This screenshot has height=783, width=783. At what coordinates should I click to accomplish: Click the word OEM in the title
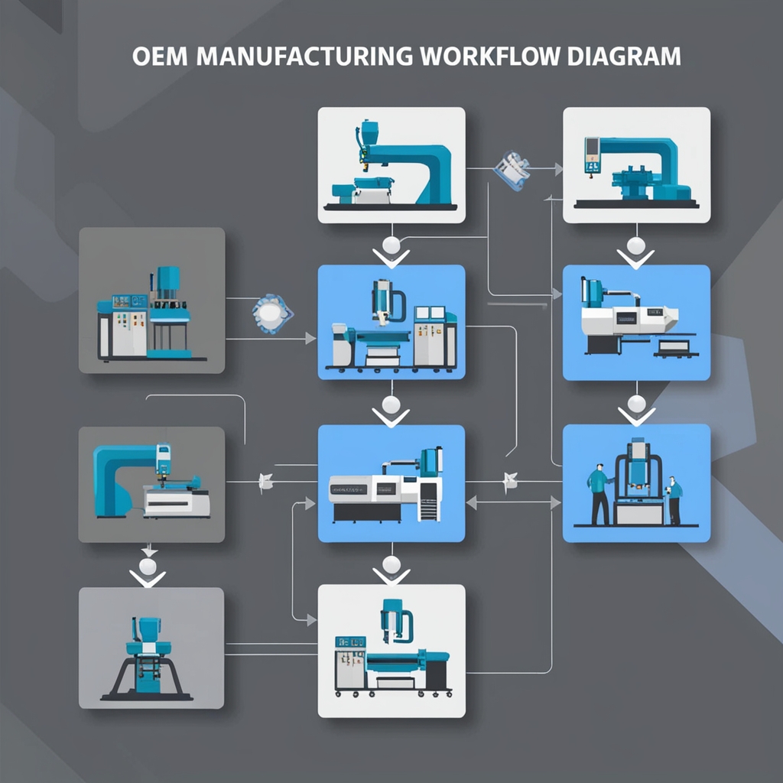(159, 57)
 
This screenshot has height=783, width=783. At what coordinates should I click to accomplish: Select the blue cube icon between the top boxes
(511, 170)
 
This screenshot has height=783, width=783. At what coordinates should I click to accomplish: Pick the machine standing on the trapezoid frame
(145, 658)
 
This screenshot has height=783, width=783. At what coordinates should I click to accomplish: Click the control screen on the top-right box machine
(592, 153)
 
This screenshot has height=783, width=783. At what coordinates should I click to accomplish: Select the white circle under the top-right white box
(635, 245)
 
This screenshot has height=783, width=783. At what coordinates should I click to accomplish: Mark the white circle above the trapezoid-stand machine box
(147, 566)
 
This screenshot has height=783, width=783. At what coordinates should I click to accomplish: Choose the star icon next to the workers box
(510, 481)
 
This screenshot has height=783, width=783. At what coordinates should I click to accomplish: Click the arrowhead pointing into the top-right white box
(557, 167)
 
